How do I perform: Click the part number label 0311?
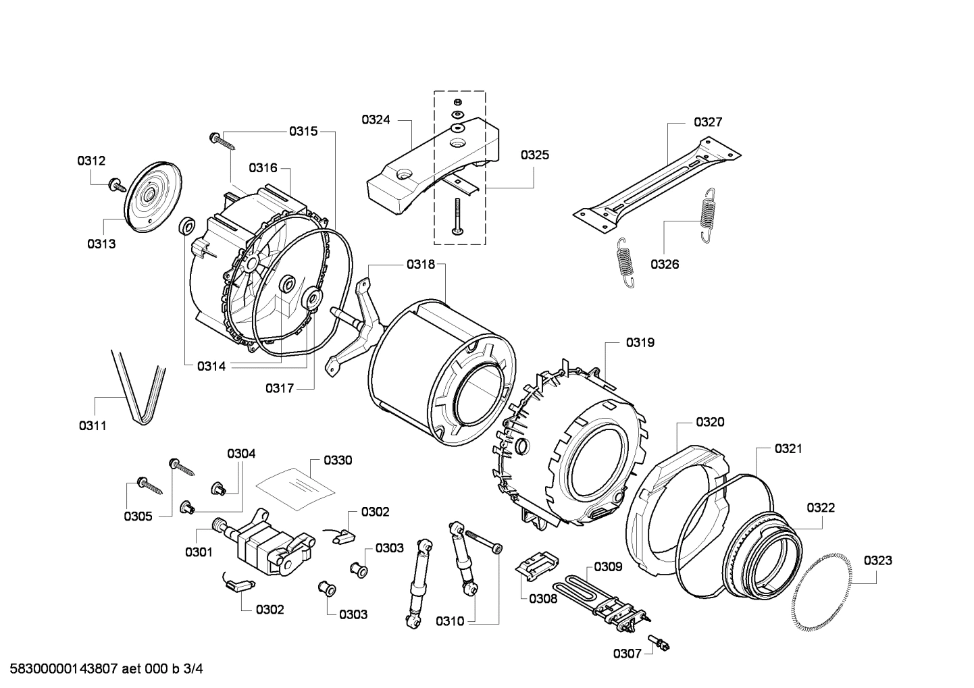click(x=93, y=425)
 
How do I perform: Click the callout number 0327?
click(x=707, y=122)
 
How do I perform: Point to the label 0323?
click(x=877, y=560)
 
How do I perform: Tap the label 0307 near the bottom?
click(x=627, y=653)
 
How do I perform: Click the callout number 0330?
click(x=337, y=460)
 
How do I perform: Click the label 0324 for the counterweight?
click(x=376, y=120)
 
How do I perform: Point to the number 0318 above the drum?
click(x=421, y=265)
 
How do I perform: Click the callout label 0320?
click(x=710, y=422)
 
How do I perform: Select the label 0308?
click(x=542, y=598)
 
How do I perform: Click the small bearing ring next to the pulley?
click(x=186, y=226)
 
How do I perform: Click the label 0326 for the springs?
click(x=665, y=264)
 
